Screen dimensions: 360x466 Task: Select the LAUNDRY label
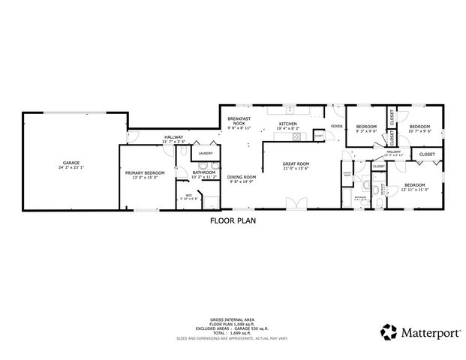204,154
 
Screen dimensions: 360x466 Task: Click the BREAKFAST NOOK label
239,121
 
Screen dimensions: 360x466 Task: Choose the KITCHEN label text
288,124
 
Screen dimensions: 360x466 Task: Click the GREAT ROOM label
296,163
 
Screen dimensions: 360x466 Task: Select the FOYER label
337,126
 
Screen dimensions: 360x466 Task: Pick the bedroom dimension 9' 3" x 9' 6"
365,130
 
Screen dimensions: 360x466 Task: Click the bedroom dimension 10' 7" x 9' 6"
419,130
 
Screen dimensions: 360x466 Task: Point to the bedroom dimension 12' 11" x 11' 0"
414,189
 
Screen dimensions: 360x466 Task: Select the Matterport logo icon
389,330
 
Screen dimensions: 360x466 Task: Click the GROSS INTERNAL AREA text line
233,318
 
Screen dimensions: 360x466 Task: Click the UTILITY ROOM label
347,174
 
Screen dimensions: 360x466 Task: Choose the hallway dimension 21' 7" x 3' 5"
173,141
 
